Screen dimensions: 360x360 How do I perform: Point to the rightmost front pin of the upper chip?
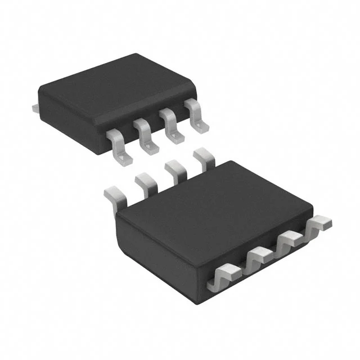tap(196, 115)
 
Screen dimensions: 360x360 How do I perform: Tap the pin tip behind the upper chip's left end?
tap(34, 105)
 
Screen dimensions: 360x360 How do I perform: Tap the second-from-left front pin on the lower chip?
tap(259, 258)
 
